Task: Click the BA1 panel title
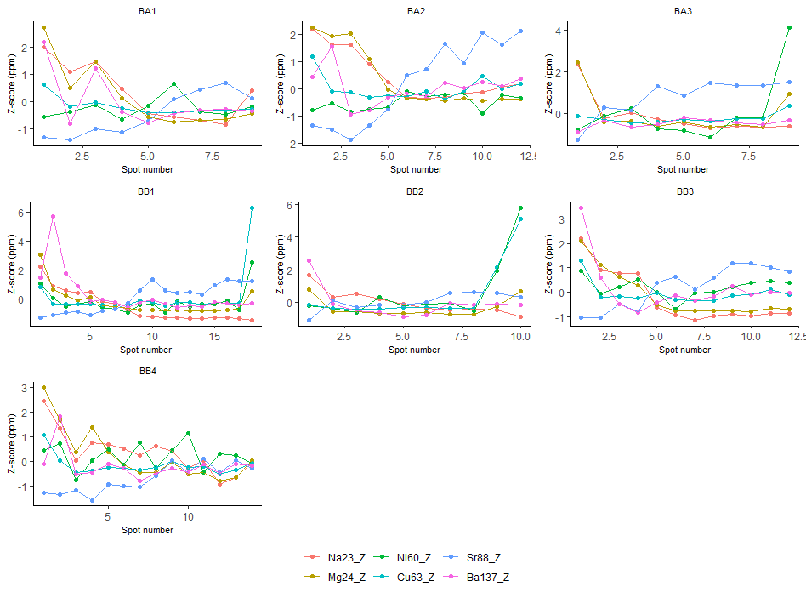(x=146, y=11)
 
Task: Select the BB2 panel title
(x=415, y=191)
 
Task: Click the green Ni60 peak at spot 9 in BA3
(x=789, y=27)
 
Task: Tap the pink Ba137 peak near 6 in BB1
(x=53, y=216)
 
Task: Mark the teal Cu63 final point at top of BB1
(x=253, y=208)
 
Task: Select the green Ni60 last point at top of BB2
(x=520, y=208)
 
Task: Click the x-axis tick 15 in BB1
(x=214, y=338)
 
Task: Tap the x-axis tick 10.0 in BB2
(x=520, y=338)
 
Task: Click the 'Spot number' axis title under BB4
(x=146, y=530)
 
